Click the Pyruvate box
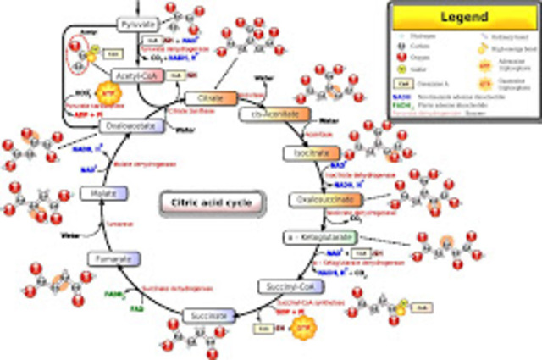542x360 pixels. pos(135,24)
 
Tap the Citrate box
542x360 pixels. pos(204,98)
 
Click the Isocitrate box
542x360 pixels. pos(307,155)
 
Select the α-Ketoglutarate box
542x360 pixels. pos(320,236)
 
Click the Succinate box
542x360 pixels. pos(207,315)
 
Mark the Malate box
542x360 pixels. pos(103,195)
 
